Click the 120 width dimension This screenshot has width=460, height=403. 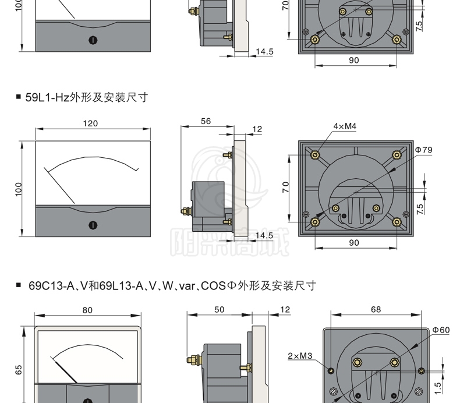(x=90, y=123)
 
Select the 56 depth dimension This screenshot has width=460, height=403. (x=205, y=122)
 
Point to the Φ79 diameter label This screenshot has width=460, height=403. (x=424, y=150)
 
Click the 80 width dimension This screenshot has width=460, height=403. (x=87, y=310)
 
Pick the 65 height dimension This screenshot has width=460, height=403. (x=19, y=369)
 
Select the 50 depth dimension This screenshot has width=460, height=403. (x=219, y=310)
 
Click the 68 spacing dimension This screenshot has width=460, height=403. (x=376, y=310)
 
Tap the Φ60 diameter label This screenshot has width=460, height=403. (x=441, y=330)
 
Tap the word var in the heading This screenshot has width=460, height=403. (x=171, y=286)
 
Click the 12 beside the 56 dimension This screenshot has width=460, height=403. (x=259, y=129)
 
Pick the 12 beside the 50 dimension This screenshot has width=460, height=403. (x=285, y=310)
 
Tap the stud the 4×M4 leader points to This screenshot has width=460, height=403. (x=315, y=154)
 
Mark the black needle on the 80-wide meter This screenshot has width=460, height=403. (x=66, y=369)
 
